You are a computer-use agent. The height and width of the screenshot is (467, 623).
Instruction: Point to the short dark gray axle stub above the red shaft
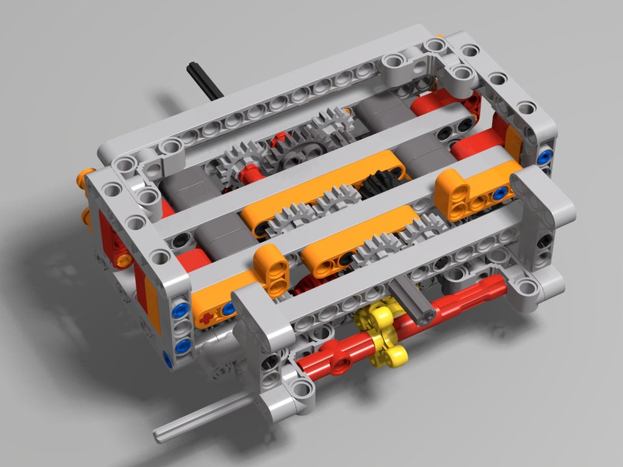point(411,298)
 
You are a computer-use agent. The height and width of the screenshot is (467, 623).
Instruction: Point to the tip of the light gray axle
point(158,433)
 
